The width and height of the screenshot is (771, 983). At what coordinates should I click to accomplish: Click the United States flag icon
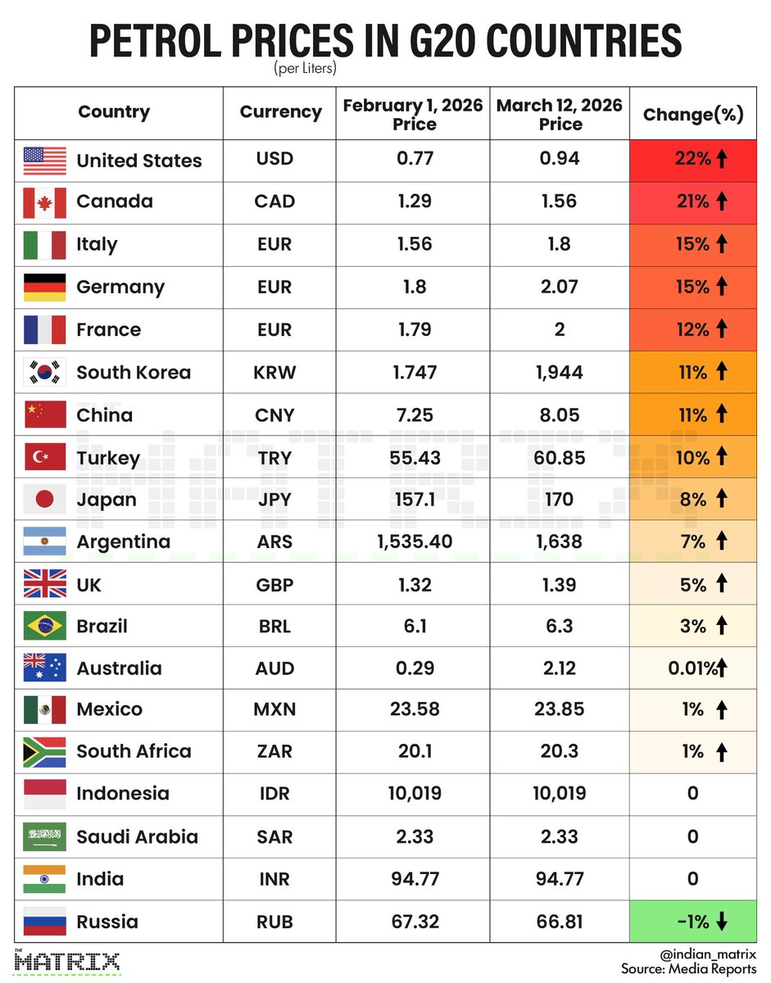pyautogui.click(x=44, y=161)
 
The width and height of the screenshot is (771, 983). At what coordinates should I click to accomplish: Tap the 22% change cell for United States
pyautogui.click(x=692, y=160)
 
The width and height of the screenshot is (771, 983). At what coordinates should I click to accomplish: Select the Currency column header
pyautogui.click(x=280, y=112)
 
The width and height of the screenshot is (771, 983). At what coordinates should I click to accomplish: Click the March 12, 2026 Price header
pyautogui.click(x=560, y=115)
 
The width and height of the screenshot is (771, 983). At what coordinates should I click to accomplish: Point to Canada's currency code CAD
pyautogui.click(x=275, y=202)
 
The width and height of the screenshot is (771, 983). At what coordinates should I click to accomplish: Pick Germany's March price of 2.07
pyautogui.click(x=560, y=287)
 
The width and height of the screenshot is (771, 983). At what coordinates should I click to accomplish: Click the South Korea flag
pyautogui.click(x=44, y=372)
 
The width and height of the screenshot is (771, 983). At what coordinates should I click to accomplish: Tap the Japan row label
pyautogui.click(x=107, y=500)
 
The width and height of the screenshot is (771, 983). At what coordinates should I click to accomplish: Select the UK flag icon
pyautogui.click(x=44, y=585)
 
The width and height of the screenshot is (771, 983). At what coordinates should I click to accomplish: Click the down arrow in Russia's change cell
pyautogui.click(x=722, y=922)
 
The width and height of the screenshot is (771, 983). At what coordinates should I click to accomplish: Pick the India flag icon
pyautogui.click(x=44, y=879)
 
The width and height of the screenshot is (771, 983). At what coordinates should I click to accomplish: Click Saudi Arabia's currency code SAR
pyautogui.click(x=274, y=836)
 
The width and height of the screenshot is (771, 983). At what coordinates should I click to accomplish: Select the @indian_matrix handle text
pyautogui.click(x=705, y=954)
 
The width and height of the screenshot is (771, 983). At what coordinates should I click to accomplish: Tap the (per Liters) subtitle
pyautogui.click(x=306, y=70)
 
